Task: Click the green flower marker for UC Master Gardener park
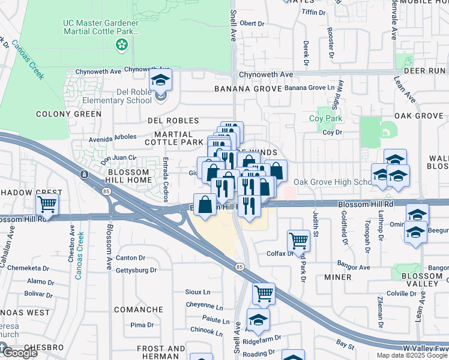(122, 44)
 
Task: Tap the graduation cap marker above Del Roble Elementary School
(160, 80)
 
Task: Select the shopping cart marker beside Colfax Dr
(298, 241)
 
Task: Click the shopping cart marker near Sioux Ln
(264, 294)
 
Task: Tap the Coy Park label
(325, 119)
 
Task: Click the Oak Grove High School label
(334, 182)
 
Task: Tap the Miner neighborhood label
(337, 277)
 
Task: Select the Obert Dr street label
(252, 23)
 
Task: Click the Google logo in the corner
(19, 352)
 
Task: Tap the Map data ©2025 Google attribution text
(411, 355)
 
